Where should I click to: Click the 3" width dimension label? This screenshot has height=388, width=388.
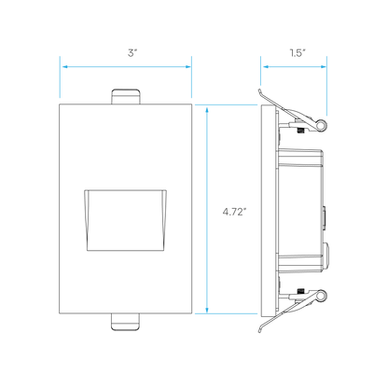[132, 53]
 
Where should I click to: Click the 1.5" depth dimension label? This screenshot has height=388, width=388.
[298, 53]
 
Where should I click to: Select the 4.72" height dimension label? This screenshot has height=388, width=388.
[234, 212]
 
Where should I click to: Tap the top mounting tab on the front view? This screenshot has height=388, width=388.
[126, 96]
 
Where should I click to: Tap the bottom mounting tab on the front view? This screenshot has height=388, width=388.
[126, 322]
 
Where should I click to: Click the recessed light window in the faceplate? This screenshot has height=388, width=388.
[126, 220]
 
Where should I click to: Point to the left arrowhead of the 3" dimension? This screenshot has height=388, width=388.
[64, 66]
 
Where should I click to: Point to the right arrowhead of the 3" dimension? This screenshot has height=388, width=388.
[187, 66]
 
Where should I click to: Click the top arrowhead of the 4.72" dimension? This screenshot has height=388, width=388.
[207, 109]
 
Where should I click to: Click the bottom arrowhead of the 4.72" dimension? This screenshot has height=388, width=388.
[207, 310]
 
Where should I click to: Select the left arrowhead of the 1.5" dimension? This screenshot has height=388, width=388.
[265, 66]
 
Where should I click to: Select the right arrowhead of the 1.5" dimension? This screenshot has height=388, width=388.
[323, 66]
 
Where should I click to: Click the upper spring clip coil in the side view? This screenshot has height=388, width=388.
[321, 125]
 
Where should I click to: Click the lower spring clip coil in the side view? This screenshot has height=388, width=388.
[321, 296]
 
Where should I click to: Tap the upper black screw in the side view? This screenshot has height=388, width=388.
[300, 131]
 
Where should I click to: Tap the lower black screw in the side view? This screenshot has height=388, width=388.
[300, 291]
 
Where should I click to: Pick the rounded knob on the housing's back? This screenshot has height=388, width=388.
[326, 256]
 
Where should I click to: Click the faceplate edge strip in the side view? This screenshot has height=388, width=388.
[269, 211]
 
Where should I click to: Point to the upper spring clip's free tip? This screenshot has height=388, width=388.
[259, 90]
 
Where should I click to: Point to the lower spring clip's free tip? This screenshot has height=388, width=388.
[260, 332]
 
